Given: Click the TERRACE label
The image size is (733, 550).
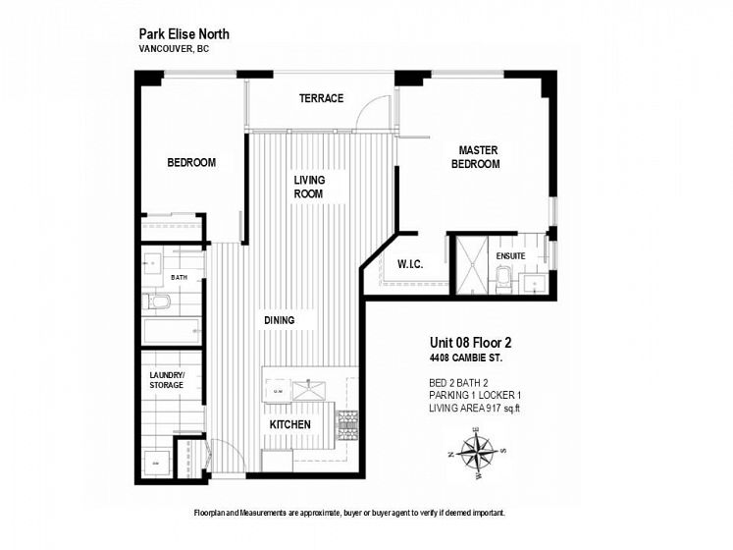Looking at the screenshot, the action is pyautogui.click(x=321, y=98).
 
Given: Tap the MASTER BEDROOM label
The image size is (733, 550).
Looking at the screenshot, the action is pyautogui.click(x=476, y=157).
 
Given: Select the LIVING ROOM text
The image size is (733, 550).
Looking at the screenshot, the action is pyautogui.click(x=309, y=187).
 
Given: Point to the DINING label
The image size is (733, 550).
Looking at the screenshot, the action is pyautogui.click(x=279, y=320).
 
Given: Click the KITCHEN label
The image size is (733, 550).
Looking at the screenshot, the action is pyautogui.click(x=289, y=424).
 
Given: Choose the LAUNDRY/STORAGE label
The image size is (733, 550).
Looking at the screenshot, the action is pyautogui.click(x=167, y=380).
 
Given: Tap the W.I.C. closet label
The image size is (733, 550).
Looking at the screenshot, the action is pyautogui.click(x=410, y=264).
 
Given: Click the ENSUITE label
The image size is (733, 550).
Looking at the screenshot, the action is pyautogui.click(x=510, y=256).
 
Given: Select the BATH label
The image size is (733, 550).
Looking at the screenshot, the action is pyautogui.click(x=179, y=278).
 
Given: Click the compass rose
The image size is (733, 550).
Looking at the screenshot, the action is pyautogui.click(x=477, y=452).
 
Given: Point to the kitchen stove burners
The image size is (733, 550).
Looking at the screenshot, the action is pyautogui.click(x=347, y=425).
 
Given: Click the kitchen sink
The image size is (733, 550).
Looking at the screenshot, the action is pyautogui.click(x=308, y=391).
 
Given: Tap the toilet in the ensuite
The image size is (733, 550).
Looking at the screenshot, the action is pyautogui.click(x=502, y=279).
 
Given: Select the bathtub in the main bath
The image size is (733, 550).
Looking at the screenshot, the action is pyautogui.click(x=172, y=331).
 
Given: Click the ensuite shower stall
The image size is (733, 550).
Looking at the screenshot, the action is pyautogui.click(x=472, y=265).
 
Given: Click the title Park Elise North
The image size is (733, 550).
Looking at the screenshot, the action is pyautogui.click(x=184, y=34).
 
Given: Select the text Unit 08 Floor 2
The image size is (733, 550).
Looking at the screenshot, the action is pyautogui.click(x=470, y=343).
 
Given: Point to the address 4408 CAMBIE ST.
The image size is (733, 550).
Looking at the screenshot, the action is pyautogui.click(x=466, y=358).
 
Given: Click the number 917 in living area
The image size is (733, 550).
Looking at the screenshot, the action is pyautogui.click(x=494, y=409).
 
